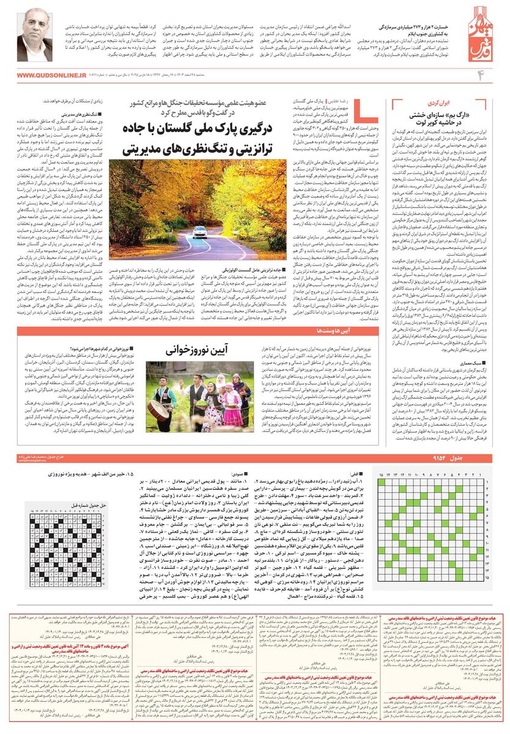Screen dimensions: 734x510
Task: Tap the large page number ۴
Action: [x=480, y=75]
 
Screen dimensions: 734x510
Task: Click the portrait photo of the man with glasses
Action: [x=35, y=39]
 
